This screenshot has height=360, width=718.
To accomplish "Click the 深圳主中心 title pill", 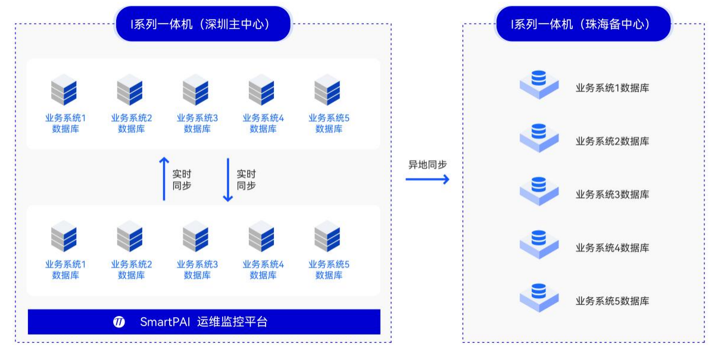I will (203, 24).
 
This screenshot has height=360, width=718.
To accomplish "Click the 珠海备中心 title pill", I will (583, 24).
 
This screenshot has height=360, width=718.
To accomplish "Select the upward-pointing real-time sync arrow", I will (164, 179).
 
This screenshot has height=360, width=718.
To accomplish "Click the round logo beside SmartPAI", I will (119, 322).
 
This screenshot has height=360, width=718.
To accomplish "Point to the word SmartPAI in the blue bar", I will (164, 322).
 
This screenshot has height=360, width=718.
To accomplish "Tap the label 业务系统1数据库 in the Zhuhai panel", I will (612, 88).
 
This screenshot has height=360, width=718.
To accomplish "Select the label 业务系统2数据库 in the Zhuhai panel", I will (612, 141).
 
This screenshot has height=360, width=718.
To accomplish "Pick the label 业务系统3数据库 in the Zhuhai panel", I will (612, 195).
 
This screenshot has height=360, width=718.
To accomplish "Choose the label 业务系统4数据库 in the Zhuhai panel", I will (612, 248).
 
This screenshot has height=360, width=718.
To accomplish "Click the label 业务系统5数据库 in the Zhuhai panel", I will (612, 300).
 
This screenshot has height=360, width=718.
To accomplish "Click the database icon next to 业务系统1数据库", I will (539, 83).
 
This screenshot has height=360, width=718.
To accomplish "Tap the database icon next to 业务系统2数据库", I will (539, 136).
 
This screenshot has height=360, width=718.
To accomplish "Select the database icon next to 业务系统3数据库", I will (539, 190).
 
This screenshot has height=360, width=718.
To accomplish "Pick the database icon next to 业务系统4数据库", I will (539, 243).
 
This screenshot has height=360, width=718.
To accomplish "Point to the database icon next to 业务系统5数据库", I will (539, 296).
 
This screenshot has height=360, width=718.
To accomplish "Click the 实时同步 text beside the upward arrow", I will (182, 180).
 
